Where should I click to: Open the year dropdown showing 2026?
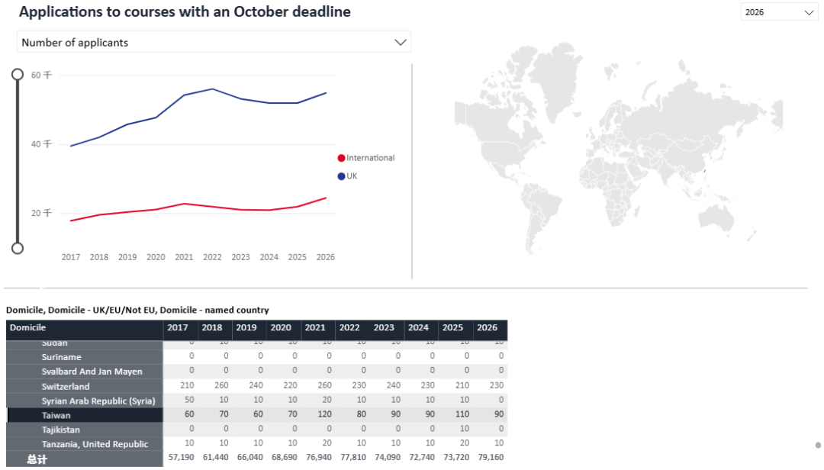tap(779, 12)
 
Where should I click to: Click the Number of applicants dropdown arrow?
tap(401, 43)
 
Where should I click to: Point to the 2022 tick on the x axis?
tap(212, 257)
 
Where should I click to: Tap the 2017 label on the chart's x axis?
tap(71, 257)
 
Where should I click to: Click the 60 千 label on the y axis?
tap(41, 75)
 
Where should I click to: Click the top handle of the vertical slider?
tap(18, 74)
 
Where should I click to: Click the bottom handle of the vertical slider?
tap(18, 248)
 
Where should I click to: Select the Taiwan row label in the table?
tap(56, 415)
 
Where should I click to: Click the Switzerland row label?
tap(66, 386)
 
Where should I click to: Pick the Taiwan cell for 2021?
tap(314, 415)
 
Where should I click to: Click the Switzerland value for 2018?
tap(211, 386)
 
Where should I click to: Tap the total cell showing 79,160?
tap(490, 459)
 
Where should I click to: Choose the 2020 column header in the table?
tap(280, 327)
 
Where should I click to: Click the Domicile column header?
tap(27, 327)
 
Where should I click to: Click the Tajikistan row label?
tap(61, 430)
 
